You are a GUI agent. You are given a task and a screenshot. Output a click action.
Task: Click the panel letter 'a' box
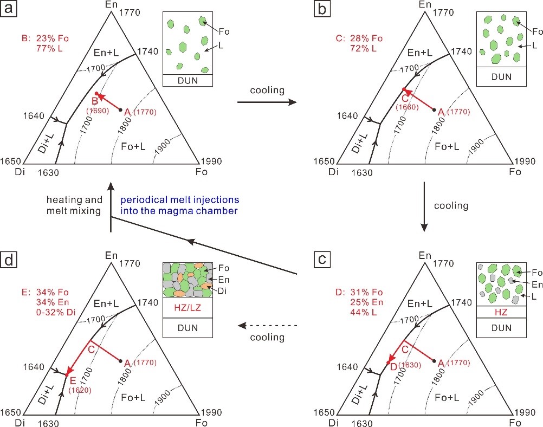pos(9,9)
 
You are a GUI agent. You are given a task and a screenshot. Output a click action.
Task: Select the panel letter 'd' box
pos(9,261)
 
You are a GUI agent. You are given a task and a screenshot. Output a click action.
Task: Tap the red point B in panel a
pos(96,94)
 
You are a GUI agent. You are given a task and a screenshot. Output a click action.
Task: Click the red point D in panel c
pos(389,362)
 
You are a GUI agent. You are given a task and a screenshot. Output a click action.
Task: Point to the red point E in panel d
pos(66,374)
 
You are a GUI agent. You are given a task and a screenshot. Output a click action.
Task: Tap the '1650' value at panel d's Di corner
pos(10,412)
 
